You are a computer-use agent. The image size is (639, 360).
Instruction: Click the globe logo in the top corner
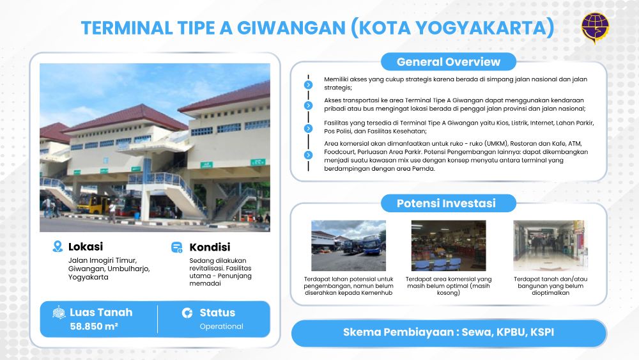[x=595, y=27]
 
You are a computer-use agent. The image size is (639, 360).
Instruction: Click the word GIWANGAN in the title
[x=291, y=28]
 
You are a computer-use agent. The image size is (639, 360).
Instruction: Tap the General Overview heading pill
[x=449, y=61]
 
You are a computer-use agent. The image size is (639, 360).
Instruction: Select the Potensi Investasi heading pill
[x=449, y=203]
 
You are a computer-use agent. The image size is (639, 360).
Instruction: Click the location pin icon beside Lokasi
[x=58, y=246]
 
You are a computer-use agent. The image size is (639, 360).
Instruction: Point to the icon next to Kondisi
[x=177, y=247]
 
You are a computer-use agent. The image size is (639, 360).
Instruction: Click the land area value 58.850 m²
[x=94, y=326]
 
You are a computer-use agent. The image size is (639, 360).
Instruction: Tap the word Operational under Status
[x=221, y=326]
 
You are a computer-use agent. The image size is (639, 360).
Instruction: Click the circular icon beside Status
[x=187, y=313]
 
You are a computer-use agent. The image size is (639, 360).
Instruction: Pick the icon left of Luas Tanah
[x=59, y=312]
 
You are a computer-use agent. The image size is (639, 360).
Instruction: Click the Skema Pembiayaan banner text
[x=449, y=333]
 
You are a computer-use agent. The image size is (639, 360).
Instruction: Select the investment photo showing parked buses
[x=348, y=246]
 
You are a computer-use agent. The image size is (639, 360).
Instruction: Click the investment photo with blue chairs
[x=449, y=246]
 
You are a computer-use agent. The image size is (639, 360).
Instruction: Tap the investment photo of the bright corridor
[x=551, y=246]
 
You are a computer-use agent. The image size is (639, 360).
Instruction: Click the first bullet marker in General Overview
[x=309, y=85]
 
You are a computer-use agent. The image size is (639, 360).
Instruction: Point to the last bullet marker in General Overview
[x=309, y=155]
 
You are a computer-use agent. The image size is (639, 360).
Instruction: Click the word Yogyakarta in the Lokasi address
[x=88, y=278]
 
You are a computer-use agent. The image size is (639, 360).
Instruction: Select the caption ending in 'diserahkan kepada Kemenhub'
[x=348, y=286]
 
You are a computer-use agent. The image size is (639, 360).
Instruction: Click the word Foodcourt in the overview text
[x=339, y=152]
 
